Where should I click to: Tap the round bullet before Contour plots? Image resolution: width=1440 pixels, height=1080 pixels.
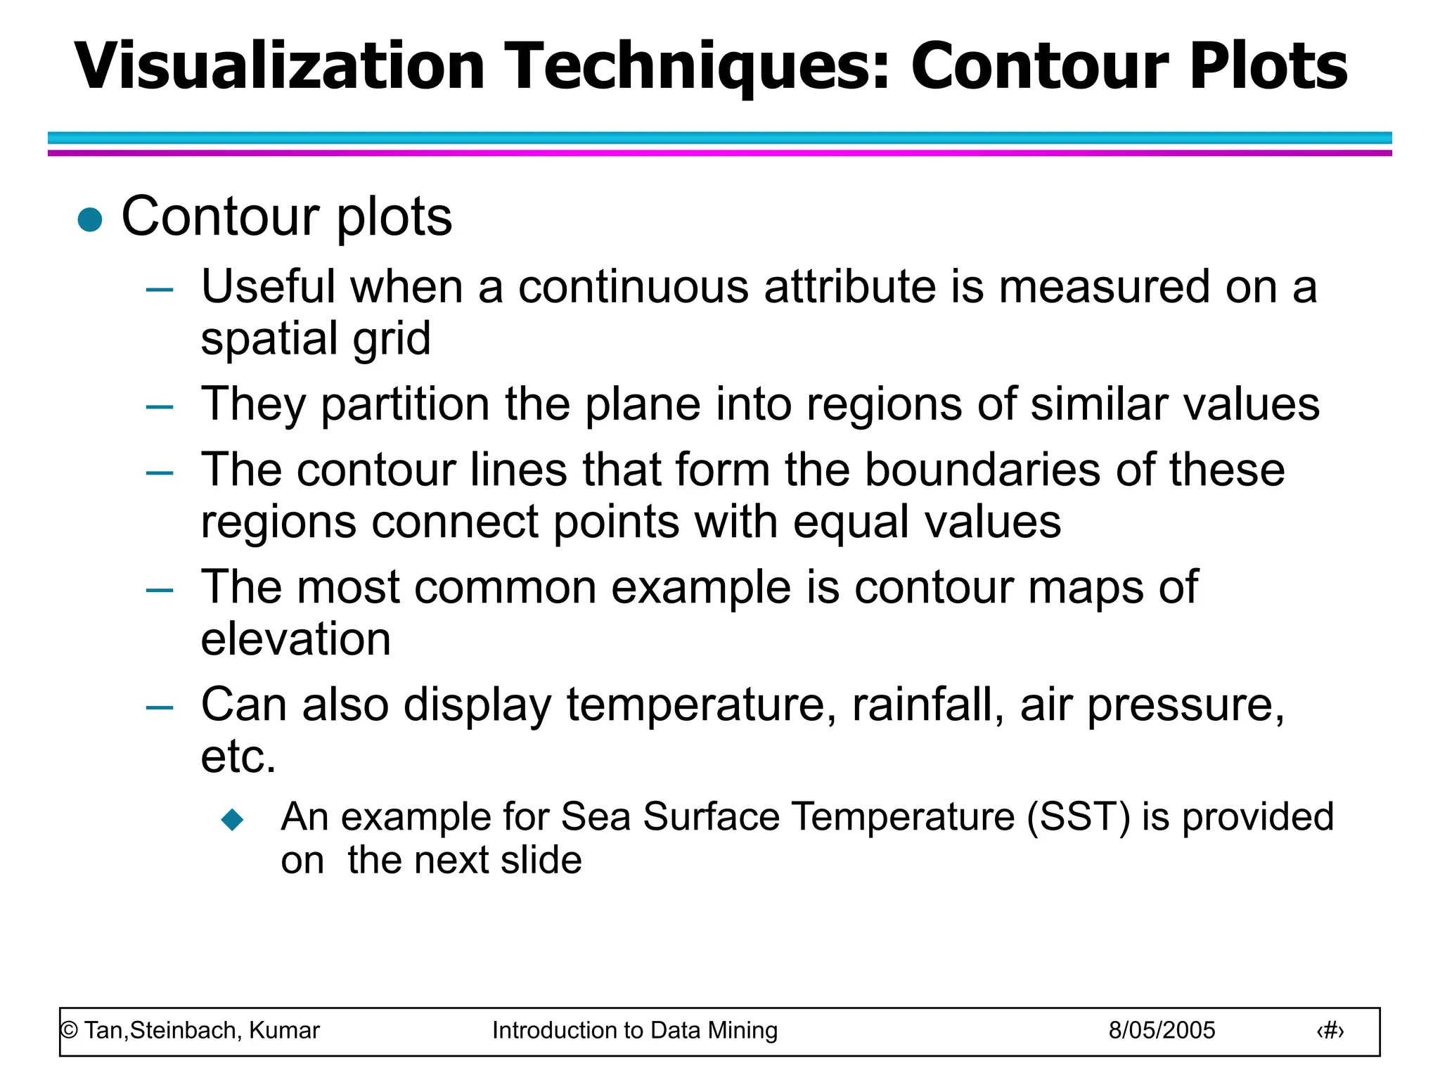click(x=90, y=219)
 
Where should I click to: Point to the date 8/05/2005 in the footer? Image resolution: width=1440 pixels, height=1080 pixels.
click(x=1162, y=1031)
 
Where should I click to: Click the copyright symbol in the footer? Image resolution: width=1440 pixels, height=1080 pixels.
click(x=69, y=1031)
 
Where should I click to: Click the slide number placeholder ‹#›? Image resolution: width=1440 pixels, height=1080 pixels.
click(x=1330, y=1031)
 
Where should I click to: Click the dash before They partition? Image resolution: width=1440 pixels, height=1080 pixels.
click(x=160, y=407)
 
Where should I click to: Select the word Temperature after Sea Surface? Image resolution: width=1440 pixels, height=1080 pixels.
click(x=903, y=817)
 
